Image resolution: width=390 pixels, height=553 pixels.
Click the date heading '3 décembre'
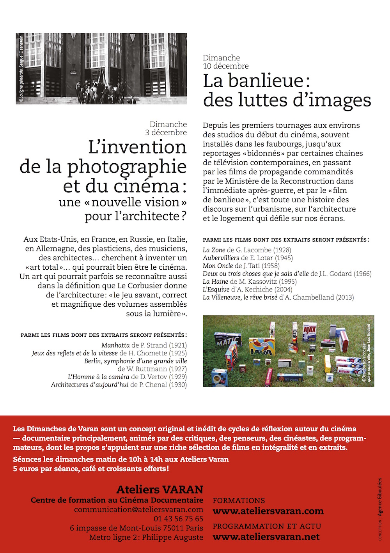coord(166,133)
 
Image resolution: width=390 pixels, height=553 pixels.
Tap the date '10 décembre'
coord(226,66)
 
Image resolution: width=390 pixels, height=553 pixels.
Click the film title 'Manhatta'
coord(115,345)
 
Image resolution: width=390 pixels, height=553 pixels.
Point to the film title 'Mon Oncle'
coord(218,266)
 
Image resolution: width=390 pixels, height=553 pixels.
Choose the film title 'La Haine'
coord(215,281)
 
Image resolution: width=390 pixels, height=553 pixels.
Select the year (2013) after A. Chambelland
coord(345,297)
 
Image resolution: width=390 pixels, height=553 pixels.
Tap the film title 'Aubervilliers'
coord(221,258)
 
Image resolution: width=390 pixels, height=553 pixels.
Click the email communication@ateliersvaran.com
coord(138,510)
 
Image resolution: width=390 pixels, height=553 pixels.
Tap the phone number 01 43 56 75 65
coord(178,519)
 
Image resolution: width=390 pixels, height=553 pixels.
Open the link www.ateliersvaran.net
coord(266,537)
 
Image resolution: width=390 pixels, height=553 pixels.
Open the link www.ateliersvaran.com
coord(268,511)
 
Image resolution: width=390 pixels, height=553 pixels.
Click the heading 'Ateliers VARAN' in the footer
coord(160,489)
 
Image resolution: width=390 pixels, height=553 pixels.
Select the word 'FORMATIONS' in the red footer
coord(239,501)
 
